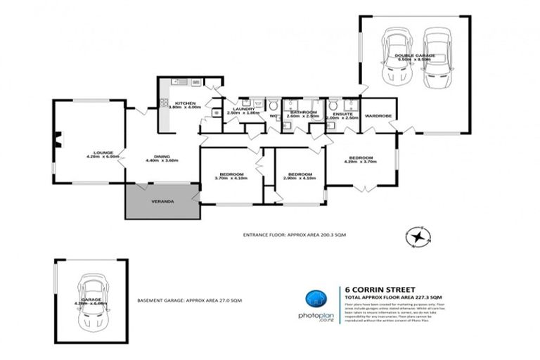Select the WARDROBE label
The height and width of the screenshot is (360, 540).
tap(377, 115)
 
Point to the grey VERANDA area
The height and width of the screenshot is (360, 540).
tap(162, 202)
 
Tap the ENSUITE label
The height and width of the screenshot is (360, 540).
tap(342, 115)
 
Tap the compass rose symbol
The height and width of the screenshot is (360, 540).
tap(420, 238)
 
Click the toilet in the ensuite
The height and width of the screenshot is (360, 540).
tap(334, 107)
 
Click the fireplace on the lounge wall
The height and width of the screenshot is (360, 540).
tap(58, 141)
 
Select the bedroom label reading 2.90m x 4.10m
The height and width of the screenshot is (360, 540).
tap(300, 176)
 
